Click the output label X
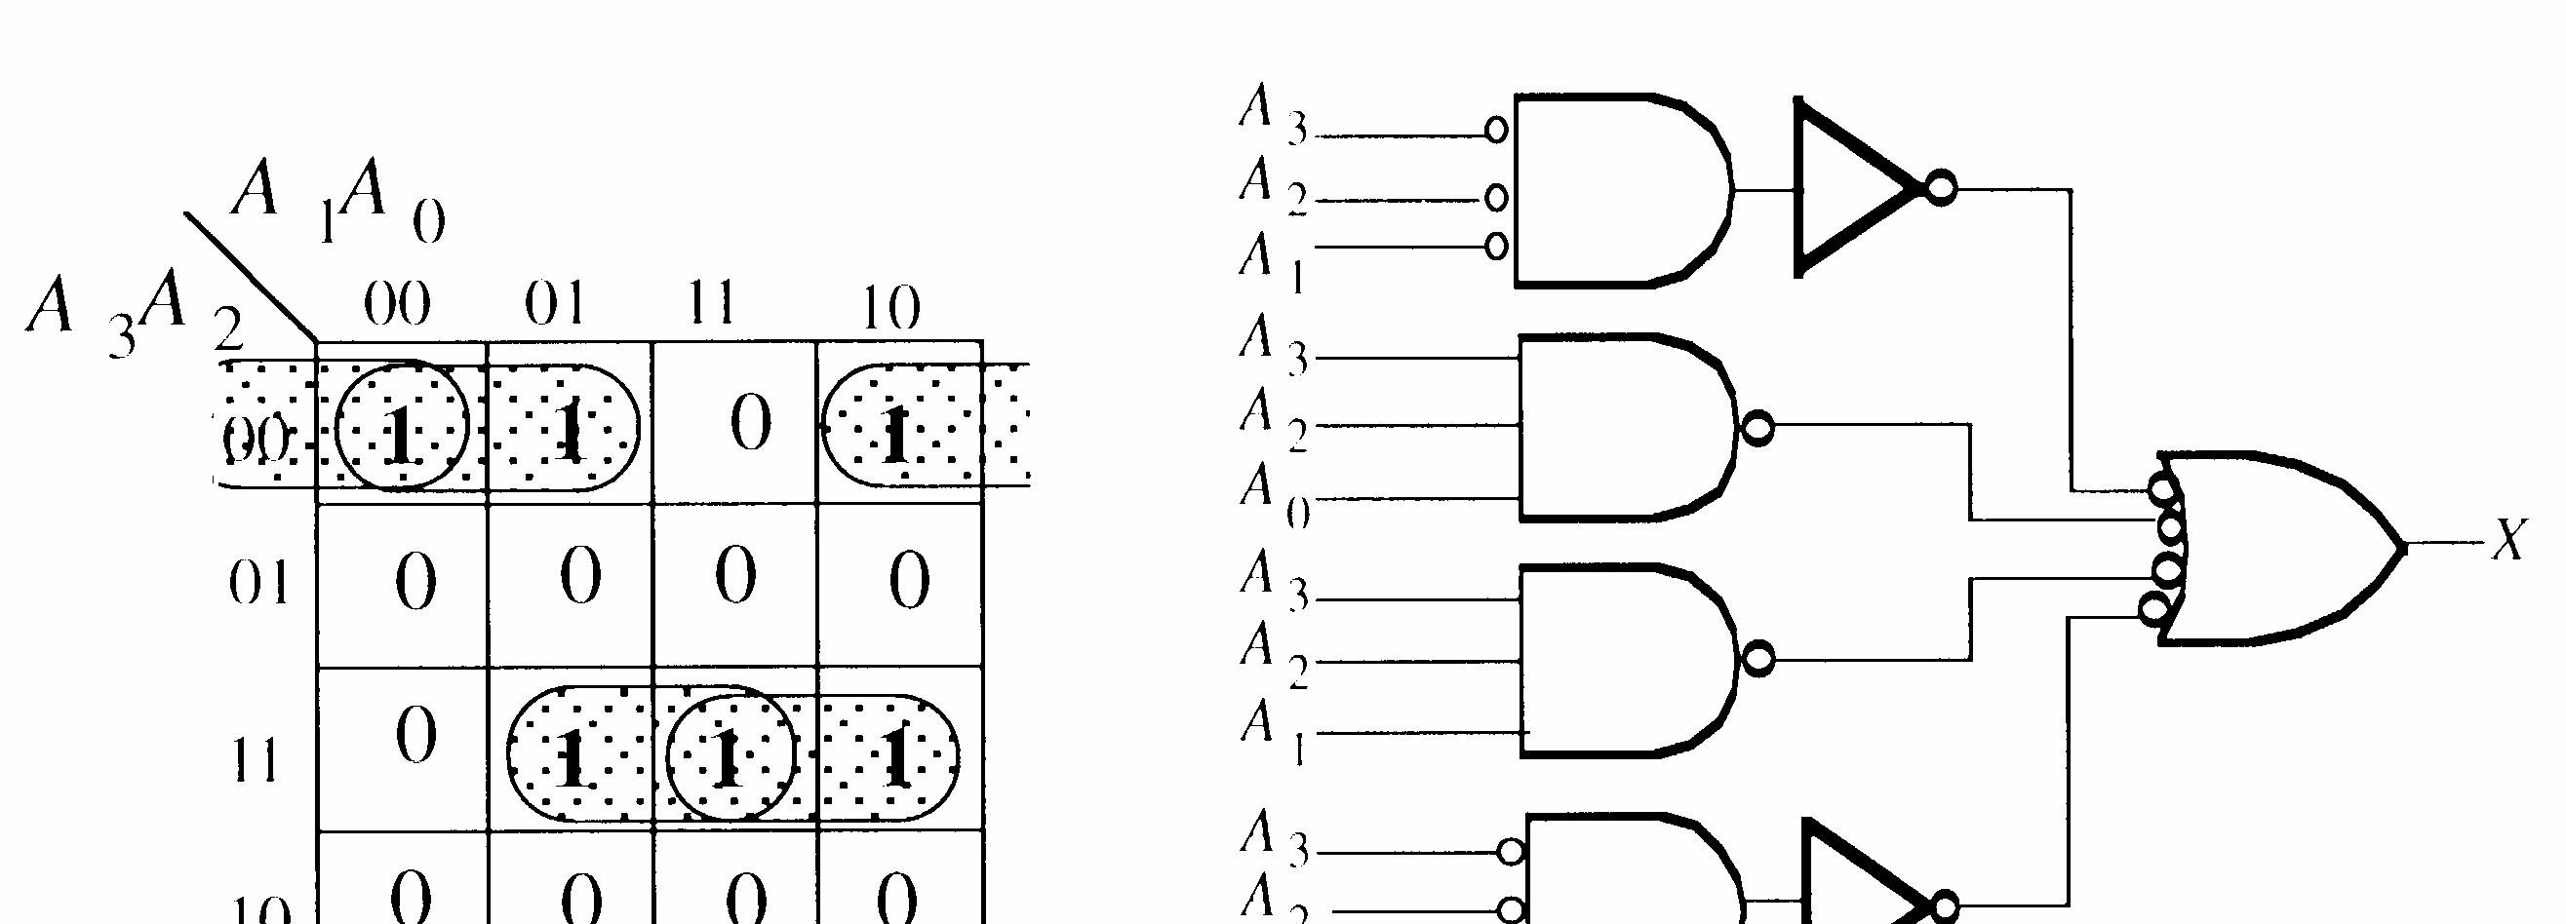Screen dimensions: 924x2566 click(2509, 543)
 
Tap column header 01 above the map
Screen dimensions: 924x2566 click(555, 304)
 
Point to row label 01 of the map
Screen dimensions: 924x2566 click(259, 584)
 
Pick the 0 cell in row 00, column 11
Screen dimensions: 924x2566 click(750, 424)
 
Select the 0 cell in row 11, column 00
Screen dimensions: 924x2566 click(415, 737)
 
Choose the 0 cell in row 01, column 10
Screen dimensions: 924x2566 click(908, 582)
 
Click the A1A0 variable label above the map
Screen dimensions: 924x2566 click(338, 199)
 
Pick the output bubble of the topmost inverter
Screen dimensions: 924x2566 click(1939, 187)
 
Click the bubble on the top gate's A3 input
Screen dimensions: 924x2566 click(1496, 130)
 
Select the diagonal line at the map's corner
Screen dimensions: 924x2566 click(249, 275)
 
